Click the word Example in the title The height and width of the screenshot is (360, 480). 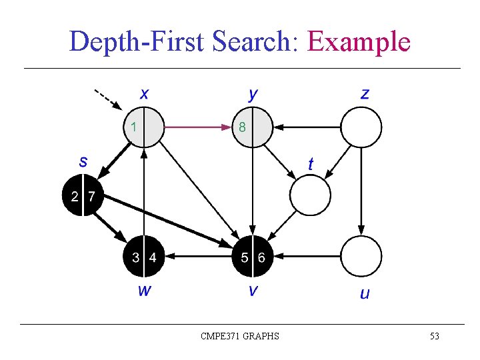tap(359, 42)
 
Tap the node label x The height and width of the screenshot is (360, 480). tap(144, 93)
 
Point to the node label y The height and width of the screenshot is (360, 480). tap(253, 94)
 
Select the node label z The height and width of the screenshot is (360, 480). tap(365, 93)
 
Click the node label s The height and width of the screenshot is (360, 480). tap(83, 161)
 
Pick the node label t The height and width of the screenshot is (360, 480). tap(311, 163)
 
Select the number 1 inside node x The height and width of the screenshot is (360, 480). tap(134, 125)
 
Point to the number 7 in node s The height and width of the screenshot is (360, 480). tap(91, 197)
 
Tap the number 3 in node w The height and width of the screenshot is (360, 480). tap(135, 257)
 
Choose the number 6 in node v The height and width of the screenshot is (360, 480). tap(261, 257)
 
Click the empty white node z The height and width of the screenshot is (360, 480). tap(361, 127)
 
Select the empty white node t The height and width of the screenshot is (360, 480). tap(310, 195)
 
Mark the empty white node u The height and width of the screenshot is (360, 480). tap(361, 257)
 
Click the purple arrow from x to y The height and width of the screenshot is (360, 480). tap(197, 125)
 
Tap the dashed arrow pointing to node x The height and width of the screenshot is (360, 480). tap(107, 99)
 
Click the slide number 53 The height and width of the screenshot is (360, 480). tap(434, 336)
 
